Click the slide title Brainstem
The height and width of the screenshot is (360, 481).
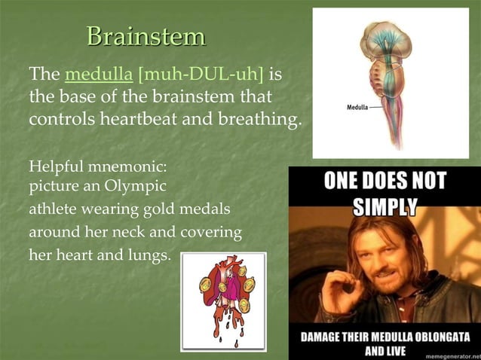tap(146, 36)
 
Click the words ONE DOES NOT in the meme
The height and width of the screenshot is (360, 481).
tap(384, 181)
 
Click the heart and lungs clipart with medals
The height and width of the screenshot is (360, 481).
tap(223, 301)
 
